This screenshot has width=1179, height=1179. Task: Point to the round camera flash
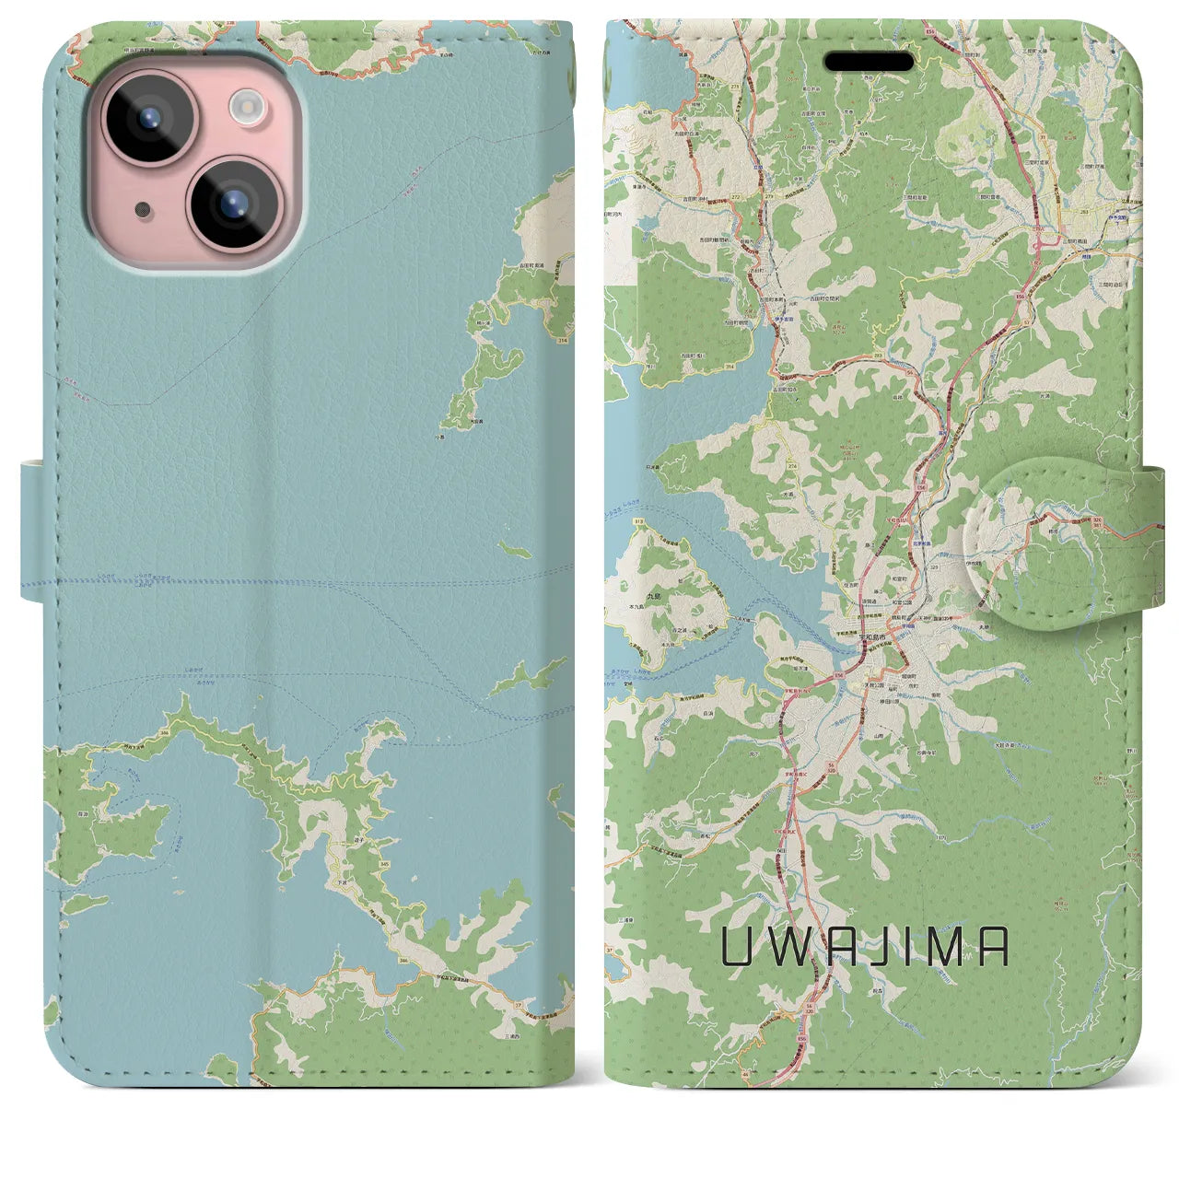[x=247, y=107]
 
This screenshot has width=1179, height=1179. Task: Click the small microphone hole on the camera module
[x=141, y=210]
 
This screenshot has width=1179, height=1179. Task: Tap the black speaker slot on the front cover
[x=869, y=62]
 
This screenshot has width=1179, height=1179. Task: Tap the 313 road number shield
[x=613, y=521]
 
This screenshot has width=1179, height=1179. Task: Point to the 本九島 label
[x=636, y=609]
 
